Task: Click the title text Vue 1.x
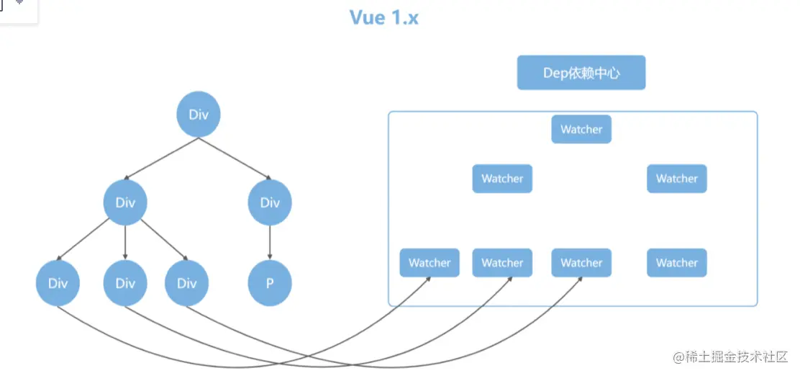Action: (383, 18)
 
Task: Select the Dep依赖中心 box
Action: (581, 73)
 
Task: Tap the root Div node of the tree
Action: (198, 115)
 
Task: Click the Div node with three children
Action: (125, 202)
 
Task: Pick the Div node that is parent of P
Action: (270, 202)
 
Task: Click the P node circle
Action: (270, 283)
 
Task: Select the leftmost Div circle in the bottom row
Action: (58, 283)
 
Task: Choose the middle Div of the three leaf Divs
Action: (125, 283)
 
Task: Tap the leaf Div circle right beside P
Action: (186, 283)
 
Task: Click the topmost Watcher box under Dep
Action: (581, 130)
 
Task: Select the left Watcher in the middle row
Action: (502, 179)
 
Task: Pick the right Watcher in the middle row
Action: (676, 179)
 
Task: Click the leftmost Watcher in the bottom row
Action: (429, 263)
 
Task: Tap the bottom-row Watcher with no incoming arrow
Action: (676, 263)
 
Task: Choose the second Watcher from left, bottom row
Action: (502, 263)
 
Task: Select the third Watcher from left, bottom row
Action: (581, 263)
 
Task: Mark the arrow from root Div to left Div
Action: (161, 158)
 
